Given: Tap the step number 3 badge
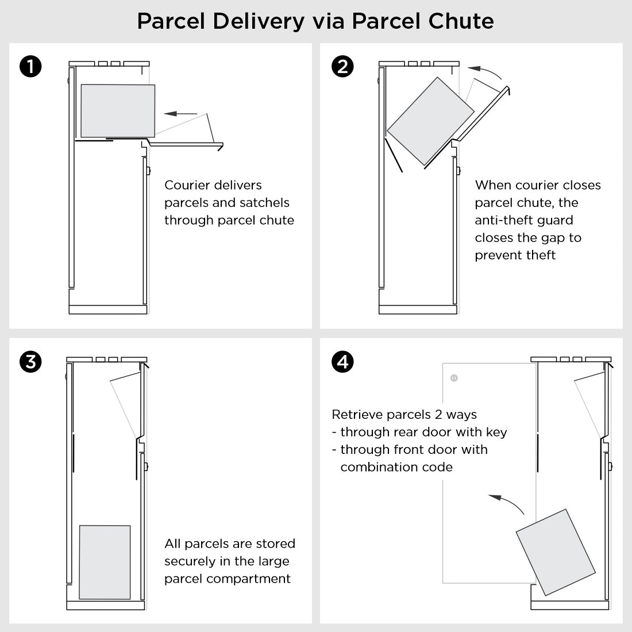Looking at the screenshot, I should point(30,362).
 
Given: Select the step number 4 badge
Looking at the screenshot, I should point(343,362).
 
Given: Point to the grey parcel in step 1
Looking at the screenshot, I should point(118,111).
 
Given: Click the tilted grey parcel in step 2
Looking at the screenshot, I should point(430,121).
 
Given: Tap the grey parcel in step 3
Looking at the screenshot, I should point(104,561).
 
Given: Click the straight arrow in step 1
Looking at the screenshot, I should point(180,113).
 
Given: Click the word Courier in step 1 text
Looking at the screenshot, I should point(188,185).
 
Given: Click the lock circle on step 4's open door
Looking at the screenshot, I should point(454,378).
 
